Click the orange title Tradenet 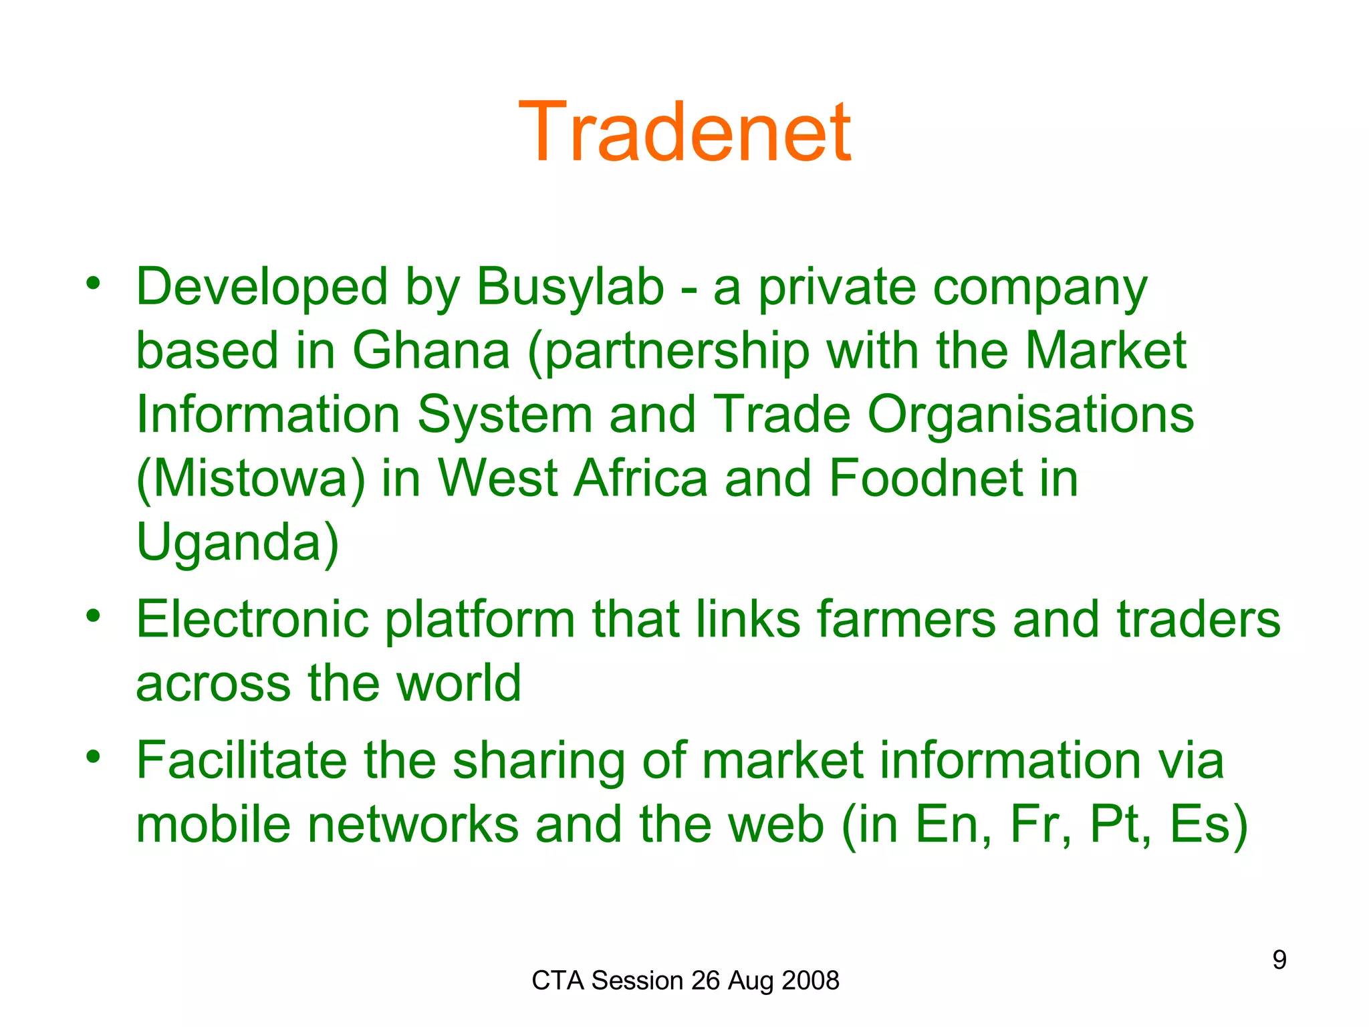click(x=684, y=132)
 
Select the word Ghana click(x=431, y=351)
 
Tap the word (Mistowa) click(x=251, y=479)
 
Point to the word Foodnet click(x=926, y=479)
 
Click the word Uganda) click(x=237, y=543)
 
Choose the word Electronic click(x=252, y=620)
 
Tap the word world click(x=459, y=683)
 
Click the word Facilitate click(x=241, y=761)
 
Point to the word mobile click(x=213, y=824)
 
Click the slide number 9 click(x=1279, y=960)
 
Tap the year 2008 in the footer click(x=810, y=981)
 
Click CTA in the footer click(x=558, y=981)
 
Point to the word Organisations click(x=1030, y=415)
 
